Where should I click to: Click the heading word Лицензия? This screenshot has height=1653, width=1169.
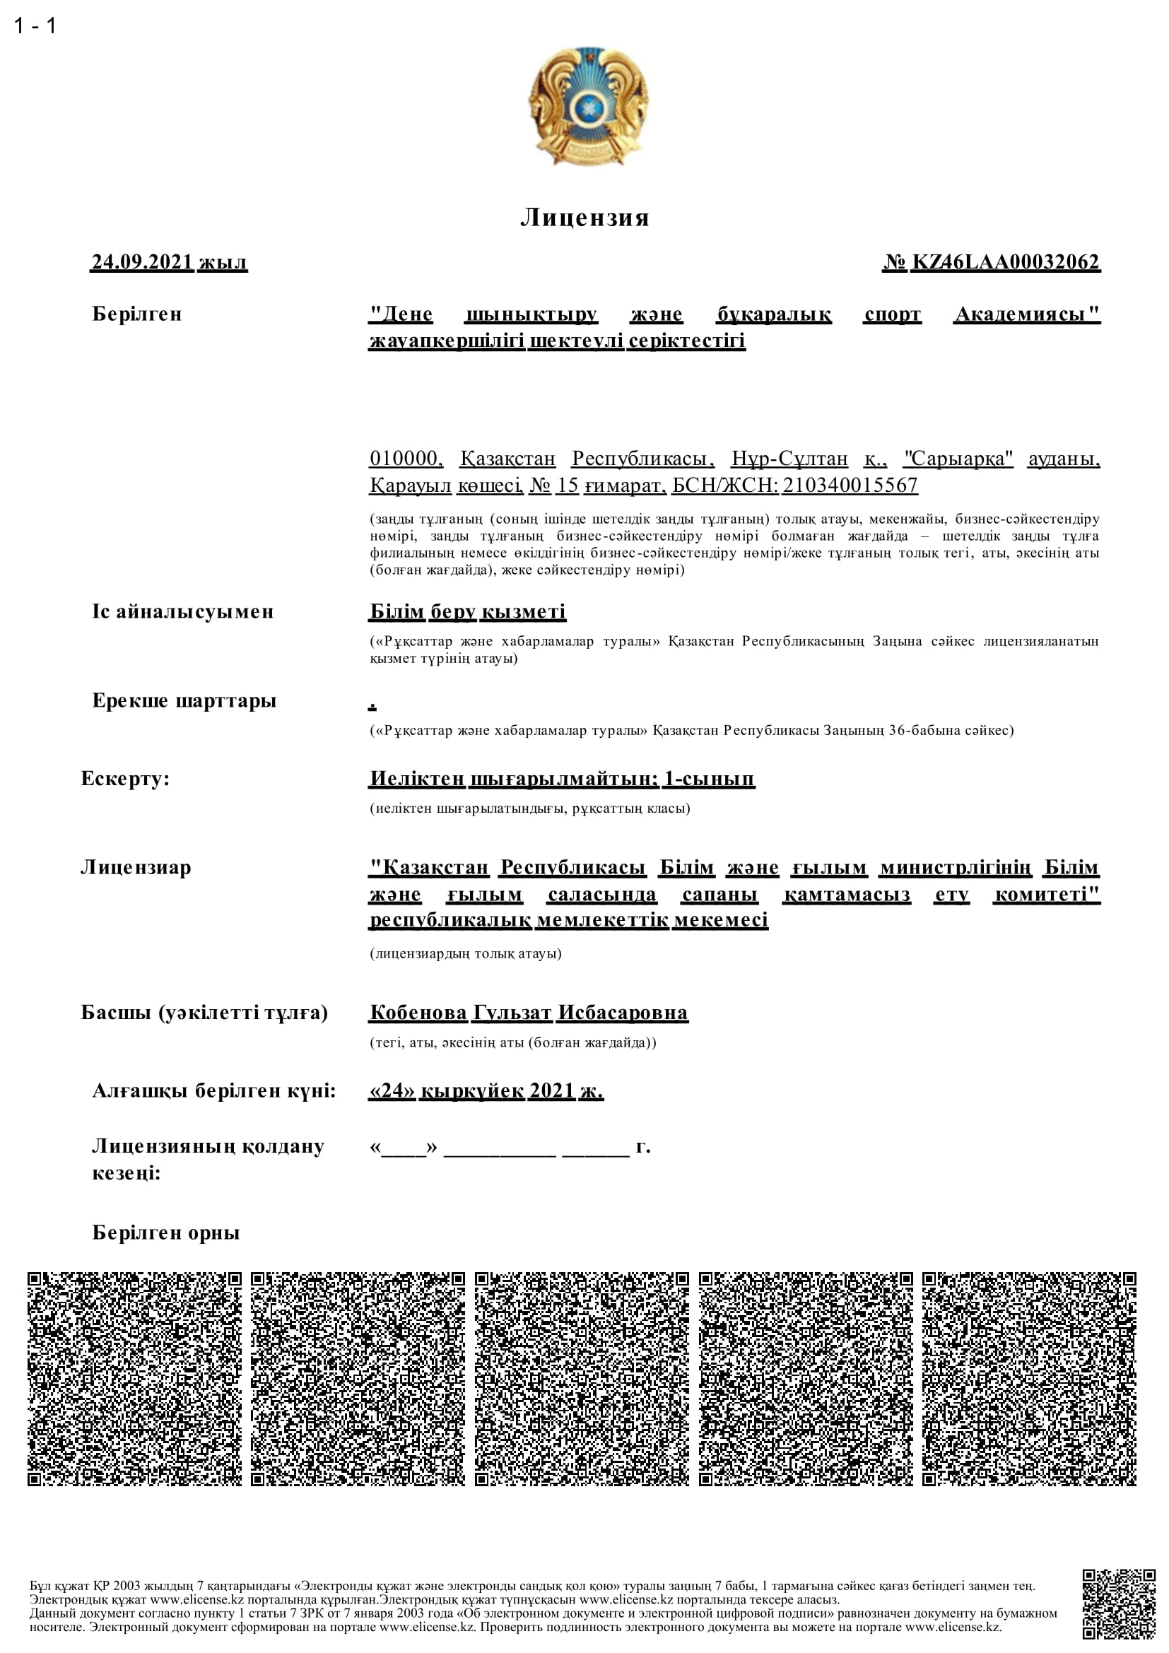[584, 218]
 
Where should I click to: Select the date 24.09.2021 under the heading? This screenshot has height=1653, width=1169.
[143, 262]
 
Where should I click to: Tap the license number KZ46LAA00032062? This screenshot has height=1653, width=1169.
[1006, 262]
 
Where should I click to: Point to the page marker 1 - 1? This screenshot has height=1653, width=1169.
[35, 26]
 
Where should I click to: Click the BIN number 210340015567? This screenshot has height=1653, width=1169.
[850, 486]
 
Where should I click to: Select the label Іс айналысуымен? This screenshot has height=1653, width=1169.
[183, 612]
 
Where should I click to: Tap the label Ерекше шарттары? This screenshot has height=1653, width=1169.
[184, 700]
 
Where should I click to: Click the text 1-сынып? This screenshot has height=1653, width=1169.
[709, 778]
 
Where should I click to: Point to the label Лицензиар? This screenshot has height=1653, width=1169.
[136, 867]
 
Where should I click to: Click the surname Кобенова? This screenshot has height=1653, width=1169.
[418, 1013]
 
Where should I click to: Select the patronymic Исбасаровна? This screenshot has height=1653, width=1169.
[623, 1013]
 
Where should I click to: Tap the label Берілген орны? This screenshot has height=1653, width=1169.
[165, 1233]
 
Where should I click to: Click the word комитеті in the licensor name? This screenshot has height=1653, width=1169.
[1047, 894]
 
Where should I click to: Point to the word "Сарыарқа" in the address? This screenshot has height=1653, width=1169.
[958, 459]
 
